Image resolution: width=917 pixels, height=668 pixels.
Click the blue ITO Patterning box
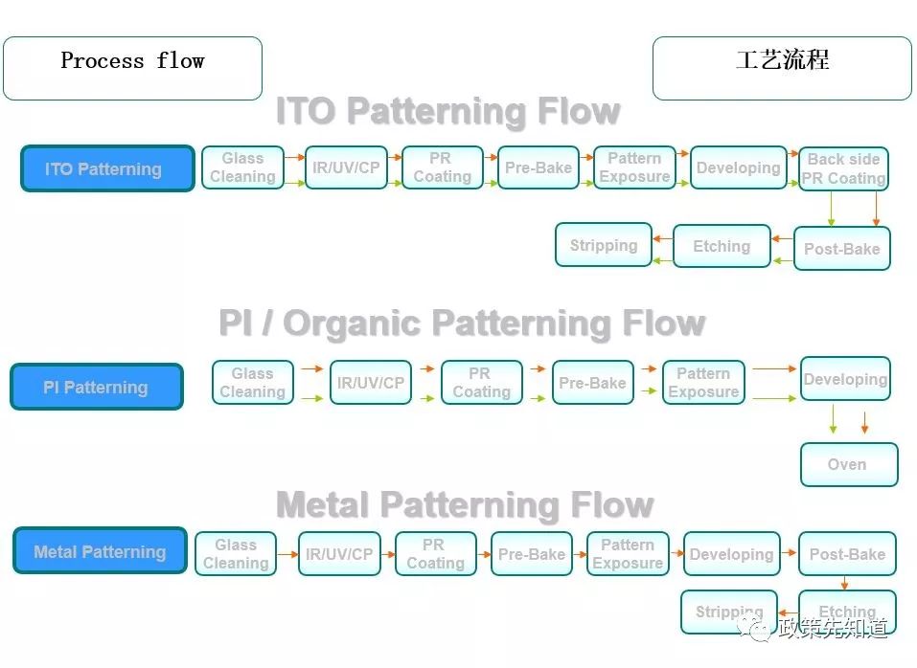click(x=107, y=168)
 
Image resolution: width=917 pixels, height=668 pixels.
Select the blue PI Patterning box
click(x=97, y=387)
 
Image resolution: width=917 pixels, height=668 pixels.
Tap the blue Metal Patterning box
click(x=100, y=550)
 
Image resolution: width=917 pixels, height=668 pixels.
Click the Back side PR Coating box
click(x=843, y=168)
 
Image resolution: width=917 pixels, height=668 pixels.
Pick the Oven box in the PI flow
click(x=849, y=464)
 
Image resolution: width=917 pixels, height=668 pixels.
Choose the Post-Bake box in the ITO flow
click(x=841, y=248)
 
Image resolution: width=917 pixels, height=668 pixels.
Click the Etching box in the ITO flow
click(x=722, y=246)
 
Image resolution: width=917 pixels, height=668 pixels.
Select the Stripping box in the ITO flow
click(x=604, y=245)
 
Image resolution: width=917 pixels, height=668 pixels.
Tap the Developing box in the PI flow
click(x=845, y=379)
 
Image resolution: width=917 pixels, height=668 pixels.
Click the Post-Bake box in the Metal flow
click(x=847, y=553)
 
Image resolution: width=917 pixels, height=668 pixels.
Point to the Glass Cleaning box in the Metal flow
click(x=236, y=553)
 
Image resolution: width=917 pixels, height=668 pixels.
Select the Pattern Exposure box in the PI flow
click(x=703, y=383)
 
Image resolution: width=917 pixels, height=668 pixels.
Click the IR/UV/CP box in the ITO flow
click(x=346, y=167)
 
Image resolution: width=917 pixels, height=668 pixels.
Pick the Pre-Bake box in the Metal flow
click(x=532, y=553)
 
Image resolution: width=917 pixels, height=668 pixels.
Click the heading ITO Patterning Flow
click(x=448, y=111)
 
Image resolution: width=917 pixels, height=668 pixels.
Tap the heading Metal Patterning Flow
click(x=465, y=504)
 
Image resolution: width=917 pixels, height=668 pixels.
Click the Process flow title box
click(x=133, y=68)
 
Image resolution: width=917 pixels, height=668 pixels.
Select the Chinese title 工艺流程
click(x=783, y=59)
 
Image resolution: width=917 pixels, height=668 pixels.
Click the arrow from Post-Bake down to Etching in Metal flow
click(x=844, y=583)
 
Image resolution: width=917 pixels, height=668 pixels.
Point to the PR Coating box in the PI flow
click(x=482, y=383)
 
